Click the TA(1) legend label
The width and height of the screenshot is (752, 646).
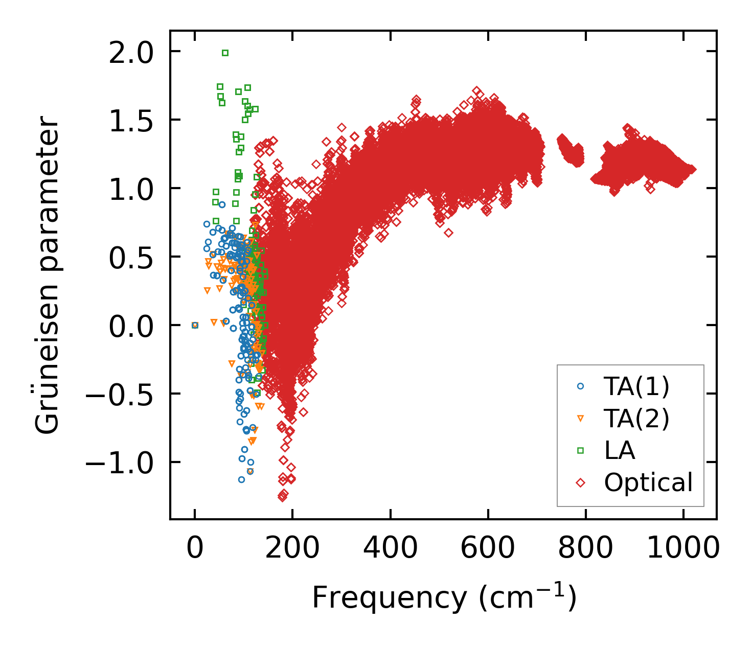[x=636, y=387]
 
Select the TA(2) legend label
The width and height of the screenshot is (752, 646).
[x=636, y=419]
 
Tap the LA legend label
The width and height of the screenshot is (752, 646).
[x=620, y=450]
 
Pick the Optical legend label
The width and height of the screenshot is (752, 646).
[x=648, y=482]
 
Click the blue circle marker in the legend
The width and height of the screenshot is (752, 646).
[x=580, y=387]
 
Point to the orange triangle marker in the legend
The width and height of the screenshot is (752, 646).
[x=580, y=419]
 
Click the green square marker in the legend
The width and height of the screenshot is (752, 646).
[x=580, y=450]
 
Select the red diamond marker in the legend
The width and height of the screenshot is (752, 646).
[x=580, y=482]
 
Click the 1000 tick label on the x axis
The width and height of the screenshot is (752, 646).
[x=683, y=549]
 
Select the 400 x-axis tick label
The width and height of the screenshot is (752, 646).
[x=390, y=549]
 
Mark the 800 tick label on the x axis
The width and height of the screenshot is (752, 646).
[x=585, y=549]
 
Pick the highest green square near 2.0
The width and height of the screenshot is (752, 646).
[x=225, y=53]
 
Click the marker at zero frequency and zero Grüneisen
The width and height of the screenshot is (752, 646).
[x=195, y=325]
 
